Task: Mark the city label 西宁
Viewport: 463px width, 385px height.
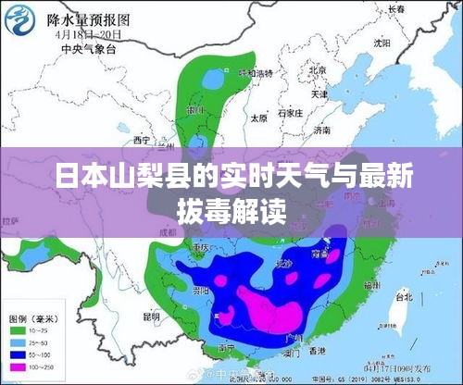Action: coord(142,140)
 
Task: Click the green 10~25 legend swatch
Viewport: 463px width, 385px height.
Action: coord(18,329)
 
